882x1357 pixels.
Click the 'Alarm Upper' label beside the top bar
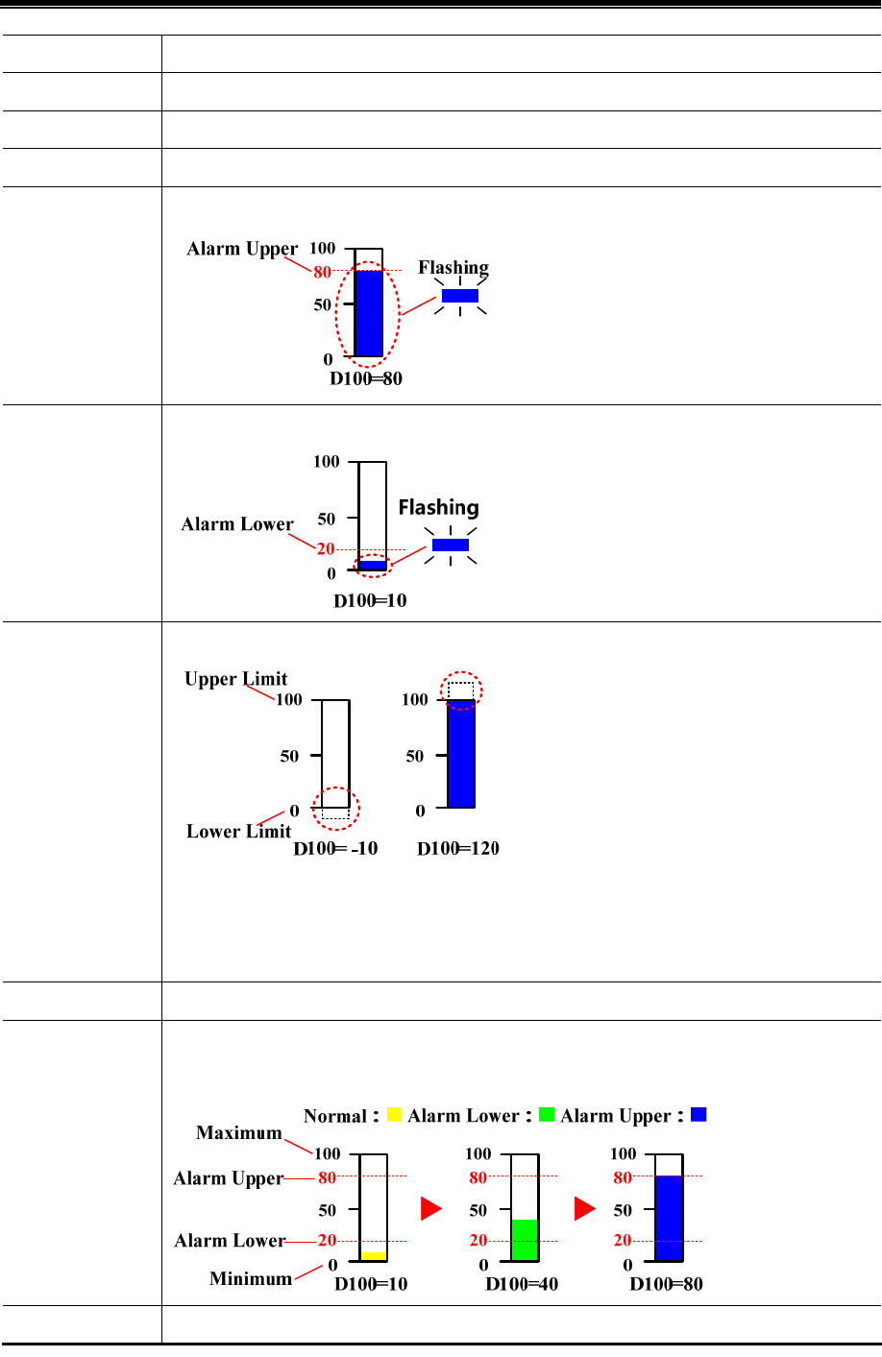pos(242,249)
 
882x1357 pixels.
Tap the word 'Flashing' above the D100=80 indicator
pos(453,267)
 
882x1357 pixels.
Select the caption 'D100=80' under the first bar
pos(366,378)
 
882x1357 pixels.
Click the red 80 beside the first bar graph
pos(323,272)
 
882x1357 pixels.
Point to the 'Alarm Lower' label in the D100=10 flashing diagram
pos(237,524)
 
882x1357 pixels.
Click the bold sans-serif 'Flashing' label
pos(439,507)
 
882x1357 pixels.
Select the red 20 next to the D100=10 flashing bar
pos(326,549)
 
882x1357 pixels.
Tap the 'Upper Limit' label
pos(236,679)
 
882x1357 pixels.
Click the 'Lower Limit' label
pos(238,832)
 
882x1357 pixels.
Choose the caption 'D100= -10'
pos(335,849)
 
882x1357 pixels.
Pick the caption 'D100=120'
pos(458,849)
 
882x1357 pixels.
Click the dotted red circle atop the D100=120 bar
pos(462,690)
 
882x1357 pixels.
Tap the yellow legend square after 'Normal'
pos(394,1115)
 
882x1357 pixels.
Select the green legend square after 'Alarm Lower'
pos(547,1115)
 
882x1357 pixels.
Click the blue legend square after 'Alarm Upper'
pos(698,1114)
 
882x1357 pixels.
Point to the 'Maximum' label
pos(239,1133)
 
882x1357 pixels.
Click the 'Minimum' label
pos(251,1278)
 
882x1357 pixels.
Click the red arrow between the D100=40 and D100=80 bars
pos(585,1209)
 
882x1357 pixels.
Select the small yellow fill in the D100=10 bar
pos(373,1256)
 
